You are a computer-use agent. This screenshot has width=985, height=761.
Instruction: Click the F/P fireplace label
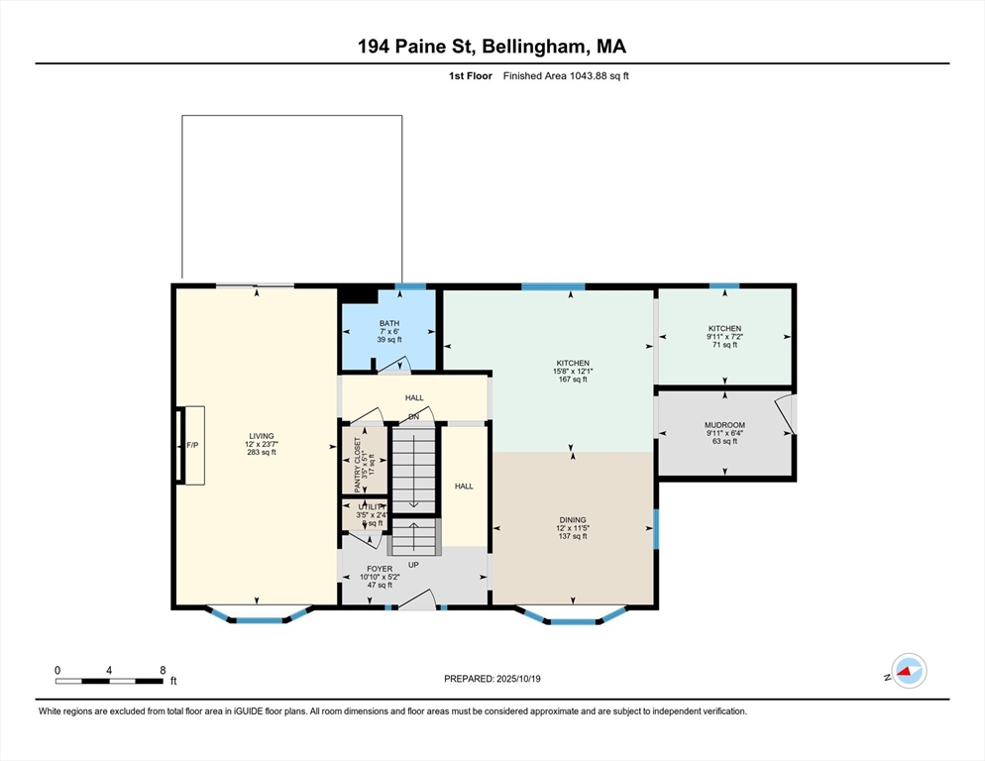pyautogui.click(x=193, y=446)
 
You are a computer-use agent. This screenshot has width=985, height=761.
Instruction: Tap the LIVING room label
pyautogui.click(x=262, y=435)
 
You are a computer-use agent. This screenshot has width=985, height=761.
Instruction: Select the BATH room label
pyautogui.click(x=388, y=323)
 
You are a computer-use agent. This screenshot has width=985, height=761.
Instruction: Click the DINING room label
pyautogui.click(x=573, y=519)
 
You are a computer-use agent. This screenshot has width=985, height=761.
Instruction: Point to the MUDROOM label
pyautogui.click(x=724, y=425)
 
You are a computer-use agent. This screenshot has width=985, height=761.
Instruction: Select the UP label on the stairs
pyautogui.click(x=412, y=564)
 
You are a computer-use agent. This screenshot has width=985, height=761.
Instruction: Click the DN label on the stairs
pyautogui.click(x=413, y=416)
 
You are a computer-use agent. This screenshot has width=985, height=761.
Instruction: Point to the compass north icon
pyautogui.click(x=908, y=672)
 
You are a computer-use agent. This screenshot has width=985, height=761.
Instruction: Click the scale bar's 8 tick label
pyautogui.click(x=163, y=670)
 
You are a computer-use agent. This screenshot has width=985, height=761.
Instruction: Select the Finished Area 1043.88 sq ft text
pyautogui.click(x=566, y=76)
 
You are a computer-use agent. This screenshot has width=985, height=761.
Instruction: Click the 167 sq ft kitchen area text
pyautogui.click(x=572, y=380)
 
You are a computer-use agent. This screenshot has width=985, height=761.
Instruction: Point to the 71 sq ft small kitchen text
pyautogui.click(x=724, y=345)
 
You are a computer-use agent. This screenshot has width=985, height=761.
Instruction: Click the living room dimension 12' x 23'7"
pyautogui.click(x=262, y=444)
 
